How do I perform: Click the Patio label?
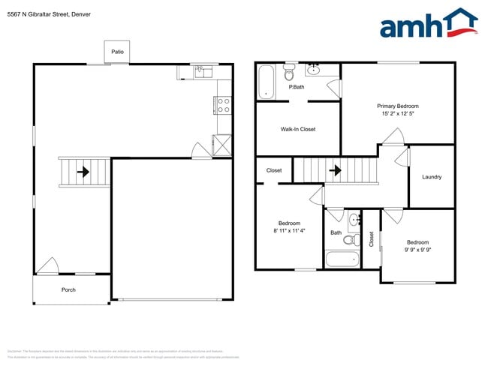click(x=117, y=52)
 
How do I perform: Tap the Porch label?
click(x=71, y=289)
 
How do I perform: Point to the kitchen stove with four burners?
click(x=223, y=105)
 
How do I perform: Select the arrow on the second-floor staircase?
click(x=335, y=170)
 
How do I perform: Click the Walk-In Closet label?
click(x=298, y=129)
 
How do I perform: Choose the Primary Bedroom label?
click(x=398, y=106)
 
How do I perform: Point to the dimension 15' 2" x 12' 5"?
click(x=398, y=115)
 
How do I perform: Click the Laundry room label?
click(x=432, y=177)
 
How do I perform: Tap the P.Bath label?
click(x=297, y=87)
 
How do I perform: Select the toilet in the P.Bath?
click(x=289, y=73)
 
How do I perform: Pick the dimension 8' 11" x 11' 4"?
click(x=290, y=231)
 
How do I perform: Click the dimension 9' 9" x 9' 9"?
click(x=417, y=250)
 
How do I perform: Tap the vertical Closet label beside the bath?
click(x=372, y=239)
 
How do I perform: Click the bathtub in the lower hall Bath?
click(x=343, y=259)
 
